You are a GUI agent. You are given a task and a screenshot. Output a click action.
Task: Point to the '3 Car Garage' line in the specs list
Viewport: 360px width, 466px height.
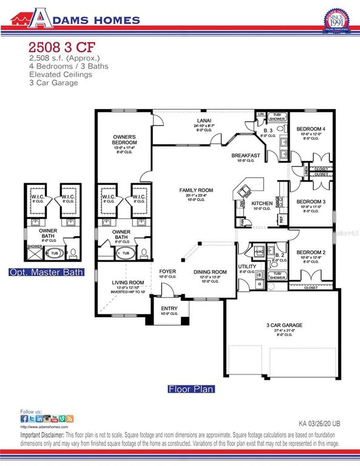coord(53,83)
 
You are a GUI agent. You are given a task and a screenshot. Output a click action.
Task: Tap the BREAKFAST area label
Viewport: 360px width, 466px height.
coord(245,156)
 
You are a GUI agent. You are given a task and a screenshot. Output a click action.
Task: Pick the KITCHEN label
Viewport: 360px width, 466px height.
coord(263,203)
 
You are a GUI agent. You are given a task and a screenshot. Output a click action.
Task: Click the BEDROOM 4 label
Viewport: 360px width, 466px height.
coord(311,129)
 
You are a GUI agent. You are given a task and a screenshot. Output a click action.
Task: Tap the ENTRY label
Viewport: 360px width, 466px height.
coord(169,307)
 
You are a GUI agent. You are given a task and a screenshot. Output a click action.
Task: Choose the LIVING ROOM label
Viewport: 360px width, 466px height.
coord(128,282)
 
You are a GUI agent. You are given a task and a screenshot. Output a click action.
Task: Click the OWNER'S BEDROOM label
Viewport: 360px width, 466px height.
coord(127,139)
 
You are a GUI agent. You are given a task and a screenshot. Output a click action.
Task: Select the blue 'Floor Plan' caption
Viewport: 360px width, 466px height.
coord(191,389)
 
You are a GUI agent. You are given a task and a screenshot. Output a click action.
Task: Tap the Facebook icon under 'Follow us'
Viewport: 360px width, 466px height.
coord(24,419)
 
